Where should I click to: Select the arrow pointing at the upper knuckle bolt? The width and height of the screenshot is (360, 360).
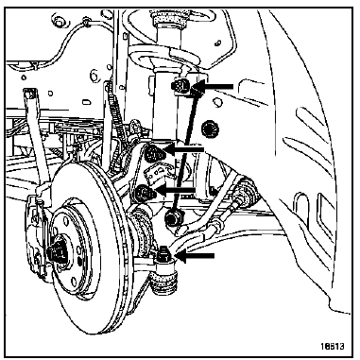183,148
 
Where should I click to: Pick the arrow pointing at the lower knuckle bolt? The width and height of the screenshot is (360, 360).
176,190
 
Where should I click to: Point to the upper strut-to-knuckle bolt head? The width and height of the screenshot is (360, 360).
153,153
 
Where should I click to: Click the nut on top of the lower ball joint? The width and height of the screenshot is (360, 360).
163,254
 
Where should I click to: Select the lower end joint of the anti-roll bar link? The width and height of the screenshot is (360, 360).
172,217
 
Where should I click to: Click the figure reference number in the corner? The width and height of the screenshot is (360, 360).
333,346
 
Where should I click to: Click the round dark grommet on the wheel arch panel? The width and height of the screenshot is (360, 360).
211,129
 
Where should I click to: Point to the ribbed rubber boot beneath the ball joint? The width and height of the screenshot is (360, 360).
163,283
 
